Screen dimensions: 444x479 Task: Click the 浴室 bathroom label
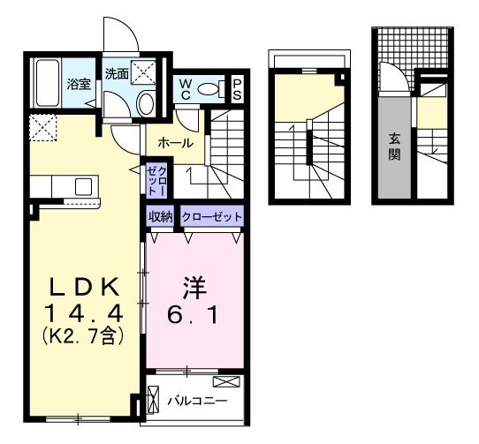(x=79, y=85)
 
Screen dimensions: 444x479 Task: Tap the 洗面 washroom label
(x=116, y=74)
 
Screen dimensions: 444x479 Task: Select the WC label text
(x=186, y=88)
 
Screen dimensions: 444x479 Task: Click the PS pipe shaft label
(x=238, y=88)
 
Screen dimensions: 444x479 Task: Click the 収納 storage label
(x=160, y=215)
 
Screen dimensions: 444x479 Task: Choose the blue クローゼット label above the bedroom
(x=211, y=215)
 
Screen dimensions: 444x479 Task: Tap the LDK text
(x=85, y=286)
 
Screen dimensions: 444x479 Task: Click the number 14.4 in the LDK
(x=85, y=313)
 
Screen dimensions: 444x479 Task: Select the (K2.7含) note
(x=85, y=335)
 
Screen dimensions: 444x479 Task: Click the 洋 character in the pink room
(x=194, y=286)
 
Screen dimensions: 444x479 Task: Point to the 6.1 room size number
(x=194, y=313)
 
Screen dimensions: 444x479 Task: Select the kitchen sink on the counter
(x=83, y=186)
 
